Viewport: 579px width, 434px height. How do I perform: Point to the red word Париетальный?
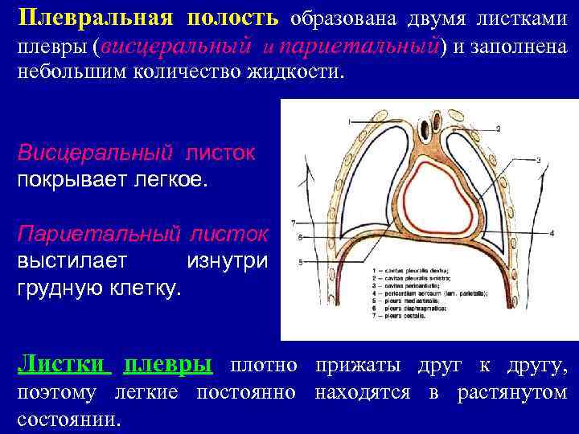pos(100,235)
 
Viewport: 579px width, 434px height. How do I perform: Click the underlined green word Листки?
pos(64,366)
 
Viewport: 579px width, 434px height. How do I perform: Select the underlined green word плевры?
pos(167,366)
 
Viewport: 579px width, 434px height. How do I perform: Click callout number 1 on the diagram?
pos(349,121)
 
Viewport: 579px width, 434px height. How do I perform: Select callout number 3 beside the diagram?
pos(538,161)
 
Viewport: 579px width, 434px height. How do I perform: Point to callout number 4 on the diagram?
pos(552,232)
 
